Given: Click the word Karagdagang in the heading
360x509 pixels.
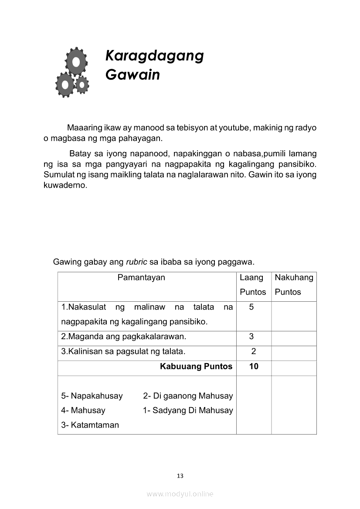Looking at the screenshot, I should pyautogui.click(x=154, y=56).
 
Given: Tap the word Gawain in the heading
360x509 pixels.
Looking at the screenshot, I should pyautogui.click(x=132, y=75).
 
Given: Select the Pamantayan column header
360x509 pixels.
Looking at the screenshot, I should pyautogui.click(x=141, y=277).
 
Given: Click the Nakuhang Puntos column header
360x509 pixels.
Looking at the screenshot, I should pyautogui.click(x=294, y=284).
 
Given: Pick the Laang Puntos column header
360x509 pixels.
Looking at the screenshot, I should pyautogui.click(x=253, y=284).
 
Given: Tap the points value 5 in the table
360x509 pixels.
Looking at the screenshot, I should pyautogui.click(x=251, y=307).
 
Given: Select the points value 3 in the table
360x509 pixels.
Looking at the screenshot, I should pyautogui.click(x=251, y=337).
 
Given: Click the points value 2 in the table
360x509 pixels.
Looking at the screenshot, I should pyautogui.click(x=253, y=351).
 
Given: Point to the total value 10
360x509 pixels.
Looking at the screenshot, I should pyautogui.click(x=254, y=366).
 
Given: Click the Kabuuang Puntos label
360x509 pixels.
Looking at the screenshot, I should pyautogui.click(x=196, y=366).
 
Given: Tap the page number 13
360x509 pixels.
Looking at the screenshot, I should pyautogui.click(x=180, y=475).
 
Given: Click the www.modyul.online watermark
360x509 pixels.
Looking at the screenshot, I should pyautogui.click(x=180, y=494).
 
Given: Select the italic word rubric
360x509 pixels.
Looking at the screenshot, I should pyautogui.click(x=137, y=262).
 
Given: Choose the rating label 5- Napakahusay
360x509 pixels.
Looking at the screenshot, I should pyautogui.click(x=92, y=396).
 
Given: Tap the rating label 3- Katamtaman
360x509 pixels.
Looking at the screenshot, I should pyautogui.click(x=90, y=425).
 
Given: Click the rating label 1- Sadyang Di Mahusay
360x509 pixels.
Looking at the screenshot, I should pyautogui.click(x=188, y=410).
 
